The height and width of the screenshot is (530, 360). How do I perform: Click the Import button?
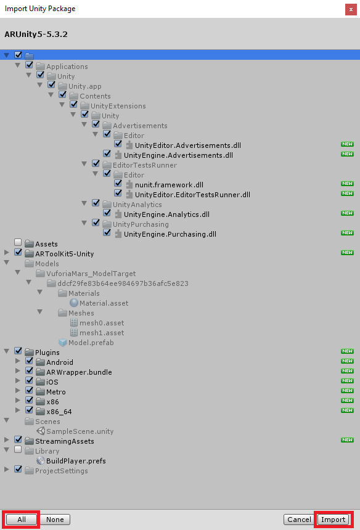click(x=333, y=519)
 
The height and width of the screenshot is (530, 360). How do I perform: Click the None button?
click(x=55, y=519)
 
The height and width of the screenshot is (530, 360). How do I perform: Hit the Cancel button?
click(x=299, y=519)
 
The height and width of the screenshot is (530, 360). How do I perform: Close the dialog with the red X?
click(x=351, y=9)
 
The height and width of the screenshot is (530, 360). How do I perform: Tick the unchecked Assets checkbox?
click(x=18, y=242)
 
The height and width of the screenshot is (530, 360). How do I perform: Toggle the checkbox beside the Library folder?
click(x=18, y=449)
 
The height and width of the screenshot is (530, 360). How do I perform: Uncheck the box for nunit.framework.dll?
click(x=118, y=183)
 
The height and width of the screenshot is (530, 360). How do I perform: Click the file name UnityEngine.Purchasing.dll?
click(x=170, y=234)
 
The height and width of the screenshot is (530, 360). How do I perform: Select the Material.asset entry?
click(x=104, y=303)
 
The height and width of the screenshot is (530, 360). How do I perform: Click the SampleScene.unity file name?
click(x=80, y=431)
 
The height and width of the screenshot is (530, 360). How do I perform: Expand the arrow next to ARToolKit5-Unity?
click(x=6, y=252)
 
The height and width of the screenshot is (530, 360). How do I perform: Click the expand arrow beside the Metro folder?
click(x=18, y=390)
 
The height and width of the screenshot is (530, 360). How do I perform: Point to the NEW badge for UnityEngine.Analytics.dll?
click(x=347, y=213)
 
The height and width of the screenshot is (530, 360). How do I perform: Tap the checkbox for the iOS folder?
click(x=29, y=380)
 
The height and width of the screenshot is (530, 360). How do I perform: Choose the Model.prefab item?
click(x=91, y=343)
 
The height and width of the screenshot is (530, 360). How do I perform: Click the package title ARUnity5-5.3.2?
click(x=36, y=34)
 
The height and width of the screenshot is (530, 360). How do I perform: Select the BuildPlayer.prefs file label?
click(x=76, y=461)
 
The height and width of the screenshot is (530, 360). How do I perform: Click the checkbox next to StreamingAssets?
click(x=18, y=439)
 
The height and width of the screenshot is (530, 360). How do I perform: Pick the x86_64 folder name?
click(x=59, y=412)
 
